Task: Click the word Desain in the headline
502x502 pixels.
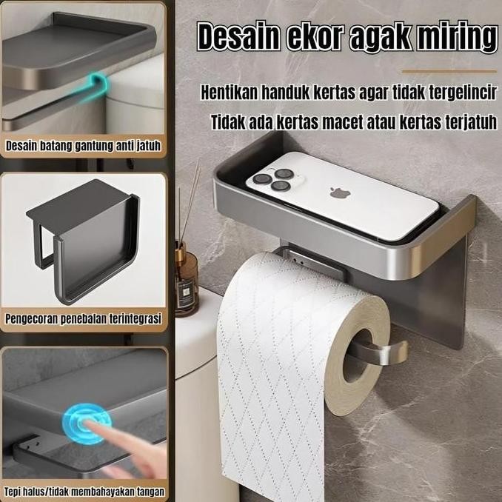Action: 238,36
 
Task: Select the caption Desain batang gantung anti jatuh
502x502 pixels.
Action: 83,146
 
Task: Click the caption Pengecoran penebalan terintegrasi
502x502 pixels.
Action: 83,319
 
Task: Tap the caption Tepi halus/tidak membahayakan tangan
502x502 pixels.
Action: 83,491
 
